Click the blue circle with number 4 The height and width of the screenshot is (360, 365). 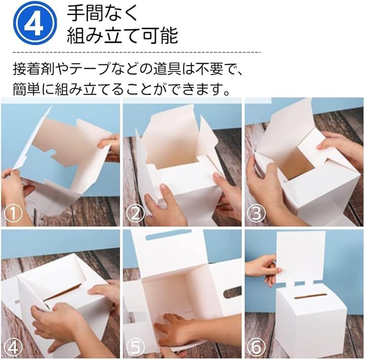(35, 23)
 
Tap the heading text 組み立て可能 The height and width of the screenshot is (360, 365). (123, 35)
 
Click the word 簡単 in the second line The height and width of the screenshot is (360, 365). (26, 89)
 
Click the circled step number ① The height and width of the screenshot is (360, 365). (13, 213)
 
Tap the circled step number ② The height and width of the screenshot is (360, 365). (135, 213)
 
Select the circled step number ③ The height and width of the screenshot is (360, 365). (256, 213)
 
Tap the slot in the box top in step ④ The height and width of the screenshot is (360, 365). (62, 292)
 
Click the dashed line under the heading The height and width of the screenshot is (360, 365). (137, 52)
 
